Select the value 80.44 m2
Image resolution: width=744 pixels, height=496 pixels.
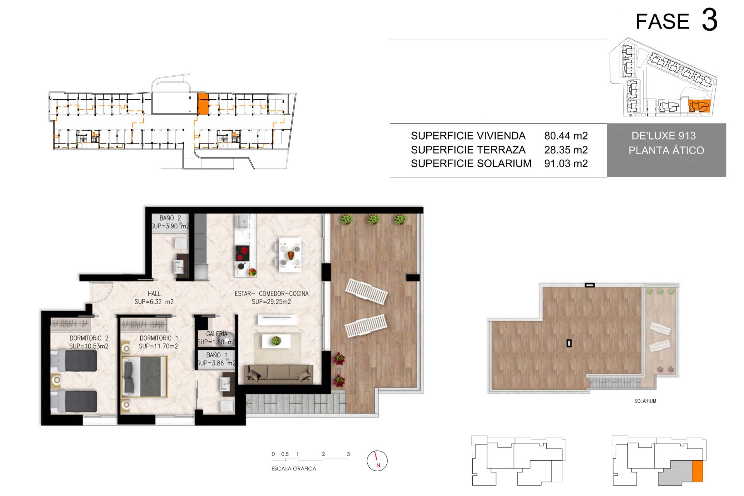point(566,136)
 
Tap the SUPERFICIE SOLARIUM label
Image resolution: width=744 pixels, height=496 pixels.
point(471,164)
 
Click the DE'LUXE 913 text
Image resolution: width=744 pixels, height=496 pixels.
point(663,136)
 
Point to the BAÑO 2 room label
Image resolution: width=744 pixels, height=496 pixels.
point(170,218)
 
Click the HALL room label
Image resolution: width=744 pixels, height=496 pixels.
point(154,294)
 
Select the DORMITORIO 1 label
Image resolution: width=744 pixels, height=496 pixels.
point(159,338)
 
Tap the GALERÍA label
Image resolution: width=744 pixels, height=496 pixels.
point(217,334)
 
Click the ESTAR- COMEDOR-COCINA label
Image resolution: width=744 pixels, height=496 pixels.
point(271,294)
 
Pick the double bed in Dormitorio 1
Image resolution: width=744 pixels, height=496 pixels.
point(145,376)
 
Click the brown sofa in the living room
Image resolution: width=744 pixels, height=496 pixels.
point(278,374)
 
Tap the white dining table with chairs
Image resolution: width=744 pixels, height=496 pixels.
point(290,255)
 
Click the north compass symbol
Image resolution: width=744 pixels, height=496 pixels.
point(377,461)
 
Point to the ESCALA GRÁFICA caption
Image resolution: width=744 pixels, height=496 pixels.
point(294,468)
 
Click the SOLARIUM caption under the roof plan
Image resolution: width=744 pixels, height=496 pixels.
point(645,401)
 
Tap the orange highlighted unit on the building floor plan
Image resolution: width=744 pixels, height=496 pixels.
point(203,104)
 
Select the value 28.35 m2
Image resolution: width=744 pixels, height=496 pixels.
point(566,150)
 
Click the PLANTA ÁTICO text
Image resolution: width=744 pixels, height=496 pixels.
point(666,150)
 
